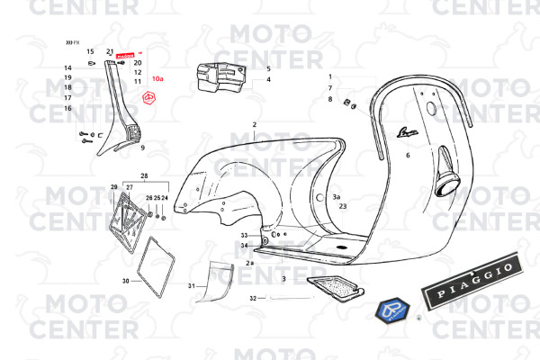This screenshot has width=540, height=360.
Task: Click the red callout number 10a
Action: pos(157,79)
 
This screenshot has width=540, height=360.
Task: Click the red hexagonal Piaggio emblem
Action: pos(152,96)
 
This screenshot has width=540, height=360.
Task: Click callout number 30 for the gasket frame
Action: pos(126,281)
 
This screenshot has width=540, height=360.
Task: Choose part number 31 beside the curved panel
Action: pos(191,285)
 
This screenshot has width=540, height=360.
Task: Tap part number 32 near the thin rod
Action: pos(254,298)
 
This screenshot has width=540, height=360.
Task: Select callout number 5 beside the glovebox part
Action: pos(267,68)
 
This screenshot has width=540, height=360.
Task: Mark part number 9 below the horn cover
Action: pos(141,146)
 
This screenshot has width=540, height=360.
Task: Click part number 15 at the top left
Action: pos(91,52)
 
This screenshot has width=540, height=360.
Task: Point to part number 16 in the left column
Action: pos(67,108)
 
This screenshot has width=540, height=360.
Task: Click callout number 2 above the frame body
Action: pos(254,124)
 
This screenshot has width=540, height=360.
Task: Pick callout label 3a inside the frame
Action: pos(336,196)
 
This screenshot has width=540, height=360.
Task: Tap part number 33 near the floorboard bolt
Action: pos(244,236)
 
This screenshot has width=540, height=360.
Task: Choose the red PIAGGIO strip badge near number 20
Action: pos(125,55)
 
